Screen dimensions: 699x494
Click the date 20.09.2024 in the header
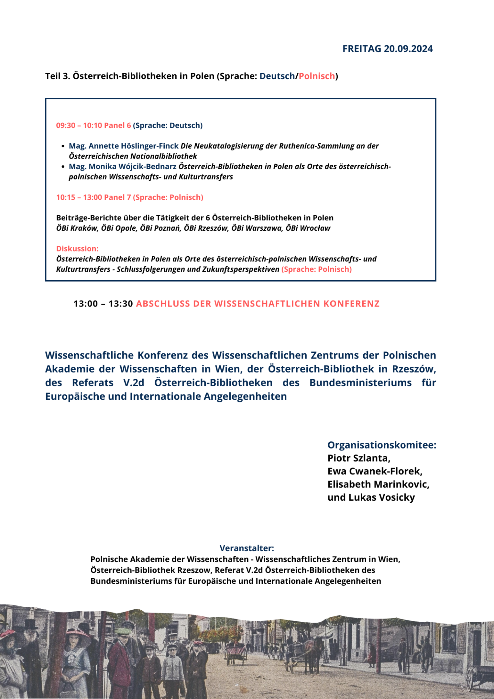pyautogui.click(x=408, y=49)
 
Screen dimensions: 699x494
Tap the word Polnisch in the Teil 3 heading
pyautogui.click(x=317, y=76)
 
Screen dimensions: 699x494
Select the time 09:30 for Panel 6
pyautogui.click(x=66, y=126)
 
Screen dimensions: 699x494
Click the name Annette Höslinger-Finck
pyautogui.click(x=134, y=146)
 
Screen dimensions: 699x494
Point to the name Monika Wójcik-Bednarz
pyautogui.click(x=133, y=167)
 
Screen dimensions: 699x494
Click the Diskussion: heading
pyautogui.click(x=77, y=249)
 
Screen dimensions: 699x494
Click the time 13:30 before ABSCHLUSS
pyautogui.click(x=121, y=304)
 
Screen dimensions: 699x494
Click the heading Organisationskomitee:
pyautogui.click(x=382, y=445)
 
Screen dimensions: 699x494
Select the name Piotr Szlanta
pyautogui.click(x=358, y=458)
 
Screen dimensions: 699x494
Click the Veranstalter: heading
pyautogui.click(x=247, y=548)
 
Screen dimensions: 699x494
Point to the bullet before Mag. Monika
pyautogui.click(x=63, y=167)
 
